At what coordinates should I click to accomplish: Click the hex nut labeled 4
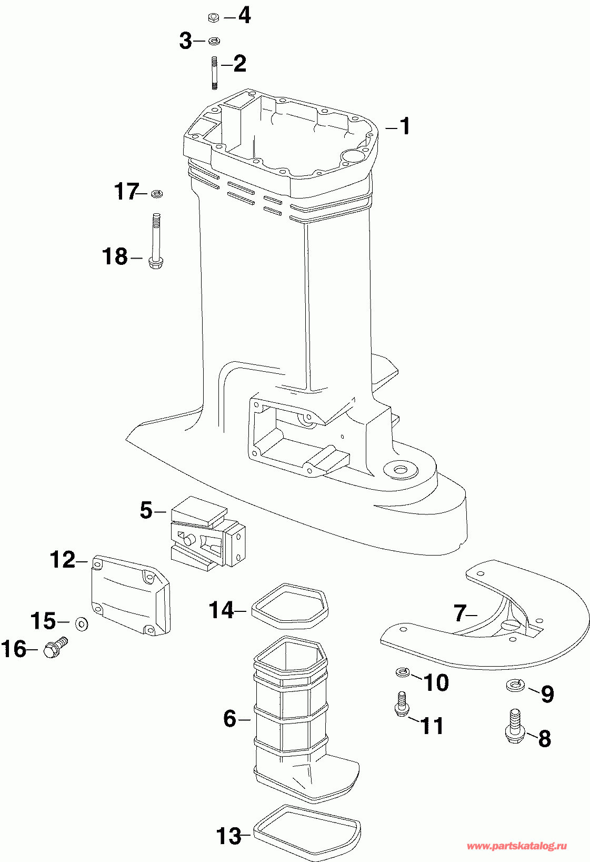[214, 18]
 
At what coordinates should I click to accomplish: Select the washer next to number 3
[214, 41]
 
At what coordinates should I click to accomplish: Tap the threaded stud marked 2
[214, 72]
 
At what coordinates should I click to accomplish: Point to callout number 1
[404, 126]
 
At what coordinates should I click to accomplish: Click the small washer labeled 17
[156, 194]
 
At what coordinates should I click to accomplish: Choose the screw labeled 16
[54, 647]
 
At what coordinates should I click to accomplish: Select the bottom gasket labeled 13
[307, 829]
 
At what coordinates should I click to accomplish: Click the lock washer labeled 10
[402, 672]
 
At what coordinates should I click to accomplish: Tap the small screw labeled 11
[401, 705]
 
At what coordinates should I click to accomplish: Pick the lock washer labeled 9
[515, 685]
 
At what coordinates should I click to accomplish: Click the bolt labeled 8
[515, 727]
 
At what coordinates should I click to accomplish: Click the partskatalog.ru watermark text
[517, 846]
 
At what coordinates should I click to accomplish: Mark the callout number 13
[229, 836]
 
